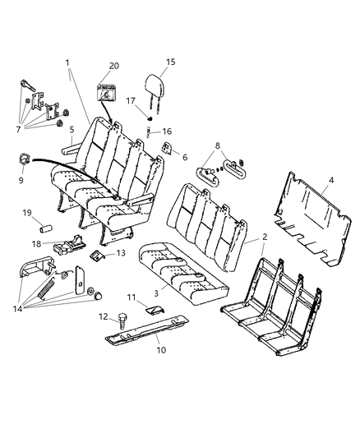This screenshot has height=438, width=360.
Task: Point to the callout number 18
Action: [x=35, y=243]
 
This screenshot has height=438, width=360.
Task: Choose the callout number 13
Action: [x=120, y=253]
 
